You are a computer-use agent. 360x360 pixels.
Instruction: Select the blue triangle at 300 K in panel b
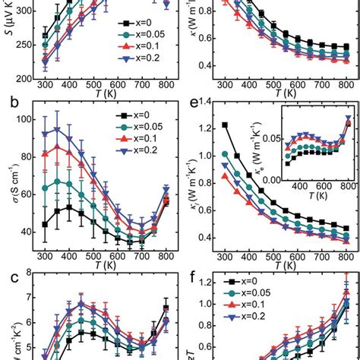tap(45, 134)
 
